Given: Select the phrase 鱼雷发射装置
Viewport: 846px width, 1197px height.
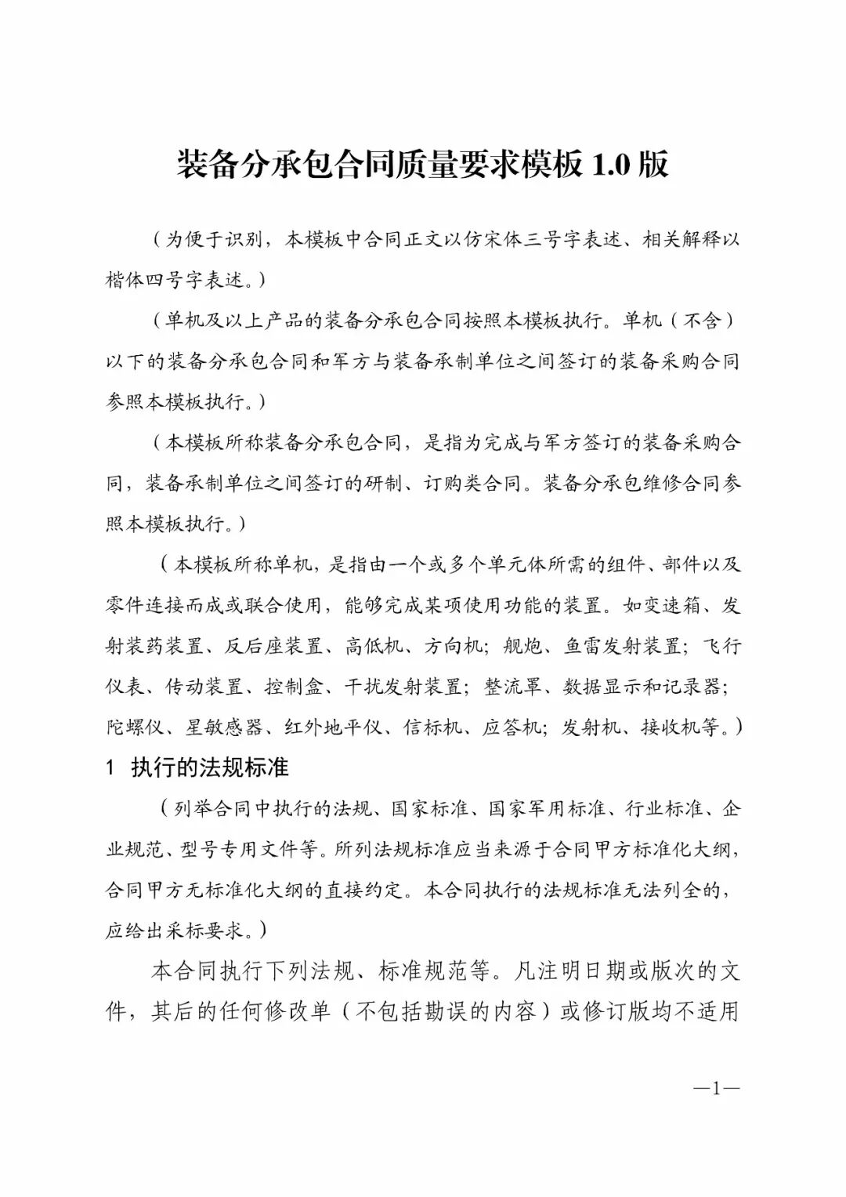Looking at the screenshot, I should pyautogui.click(x=623, y=646).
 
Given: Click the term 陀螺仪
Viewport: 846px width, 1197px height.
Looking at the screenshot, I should pyautogui.click(x=135, y=727).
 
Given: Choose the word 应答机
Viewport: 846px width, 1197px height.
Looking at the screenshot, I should pyautogui.click(x=512, y=727).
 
